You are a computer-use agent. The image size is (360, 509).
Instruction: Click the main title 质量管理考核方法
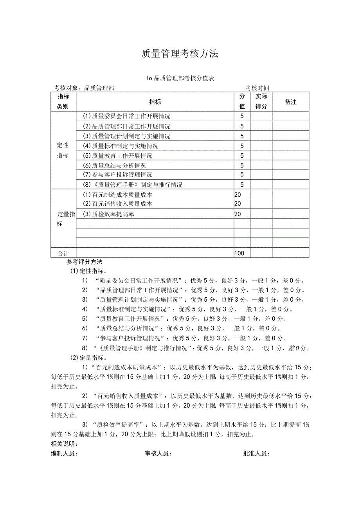pos(180,54)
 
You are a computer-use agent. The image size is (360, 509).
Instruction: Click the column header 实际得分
pos(261,101)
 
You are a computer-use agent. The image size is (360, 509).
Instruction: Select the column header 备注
pos(290,102)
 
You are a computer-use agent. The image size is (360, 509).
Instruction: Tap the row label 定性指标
pos(63,150)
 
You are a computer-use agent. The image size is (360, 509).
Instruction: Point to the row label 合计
pos(63,253)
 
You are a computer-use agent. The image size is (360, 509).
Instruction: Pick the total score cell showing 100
pos(239,253)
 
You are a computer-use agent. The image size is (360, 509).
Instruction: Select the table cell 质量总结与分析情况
pos(114,165)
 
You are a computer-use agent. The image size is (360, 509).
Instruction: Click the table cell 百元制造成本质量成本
pos(117,194)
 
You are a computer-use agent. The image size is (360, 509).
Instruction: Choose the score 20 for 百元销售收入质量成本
pos(238,204)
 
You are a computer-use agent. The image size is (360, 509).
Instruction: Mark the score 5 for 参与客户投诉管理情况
pos(242,175)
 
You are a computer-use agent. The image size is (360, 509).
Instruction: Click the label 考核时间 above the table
pos(257,88)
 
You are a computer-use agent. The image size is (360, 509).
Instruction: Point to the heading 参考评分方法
pos(84,262)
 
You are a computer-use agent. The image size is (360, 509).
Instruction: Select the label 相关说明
pos(64,444)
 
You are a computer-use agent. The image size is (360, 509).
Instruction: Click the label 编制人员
pos(64,453)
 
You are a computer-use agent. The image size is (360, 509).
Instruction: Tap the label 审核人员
pos(158,453)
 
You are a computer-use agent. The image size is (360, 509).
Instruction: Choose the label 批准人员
pos(256,453)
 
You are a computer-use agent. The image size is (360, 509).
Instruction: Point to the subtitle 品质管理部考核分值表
pos(180,78)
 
